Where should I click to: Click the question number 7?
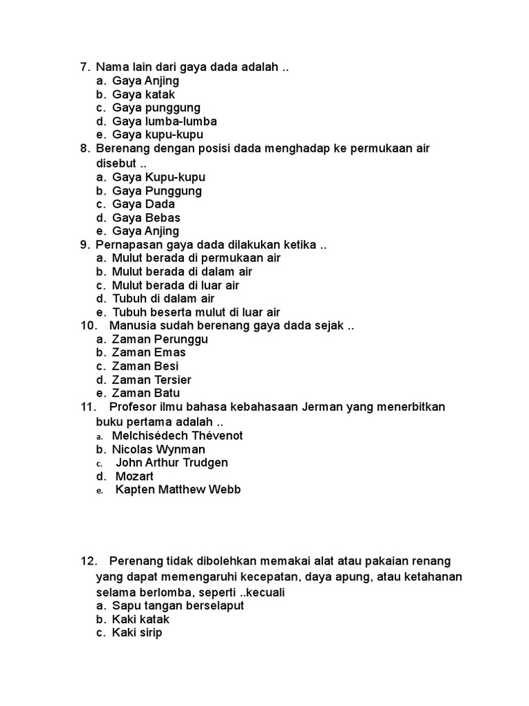(85, 68)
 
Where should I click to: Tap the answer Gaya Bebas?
(146, 218)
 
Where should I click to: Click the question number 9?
(85, 245)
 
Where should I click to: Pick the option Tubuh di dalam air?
(163, 299)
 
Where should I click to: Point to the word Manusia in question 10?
(132, 325)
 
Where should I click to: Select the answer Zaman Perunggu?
(160, 339)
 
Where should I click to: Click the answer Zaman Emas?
(149, 352)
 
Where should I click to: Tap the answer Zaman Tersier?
(152, 380)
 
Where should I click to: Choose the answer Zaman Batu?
(146, 393)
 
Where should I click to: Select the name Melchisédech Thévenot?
(178, 436)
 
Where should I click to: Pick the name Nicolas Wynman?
(158, 450)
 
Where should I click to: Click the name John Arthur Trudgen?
(172, 463)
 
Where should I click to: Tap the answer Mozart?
(134, 476)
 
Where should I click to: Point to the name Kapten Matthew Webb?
(178, 490)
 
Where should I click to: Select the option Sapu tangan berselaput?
(178, 606)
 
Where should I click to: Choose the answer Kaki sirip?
(137, 633)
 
